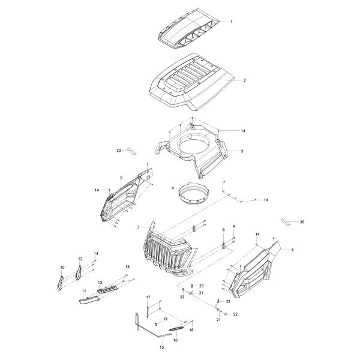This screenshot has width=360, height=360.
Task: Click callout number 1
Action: tap(231, 22)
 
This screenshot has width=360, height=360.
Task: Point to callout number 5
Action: tap(121, 178)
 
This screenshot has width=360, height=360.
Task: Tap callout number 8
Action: tap(224, 230)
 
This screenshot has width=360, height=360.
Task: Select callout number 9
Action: tap(234, 226)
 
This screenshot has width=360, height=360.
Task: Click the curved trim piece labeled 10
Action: tap(61, 282)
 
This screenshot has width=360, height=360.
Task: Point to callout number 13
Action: tap(100, 283)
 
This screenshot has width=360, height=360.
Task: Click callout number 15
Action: tap(145, 347)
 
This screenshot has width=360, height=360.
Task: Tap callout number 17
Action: tap(148, 297)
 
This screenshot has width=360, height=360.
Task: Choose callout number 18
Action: tap(191, 330)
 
